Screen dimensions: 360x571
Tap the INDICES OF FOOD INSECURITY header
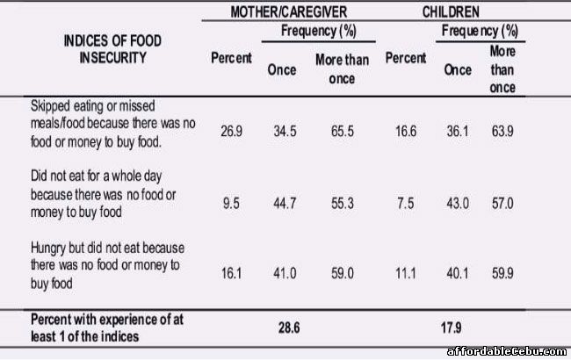click(x=112, y=49)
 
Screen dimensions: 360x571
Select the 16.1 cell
click(x=232, y=273)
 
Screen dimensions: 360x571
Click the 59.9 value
click(x=501, y=273)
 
